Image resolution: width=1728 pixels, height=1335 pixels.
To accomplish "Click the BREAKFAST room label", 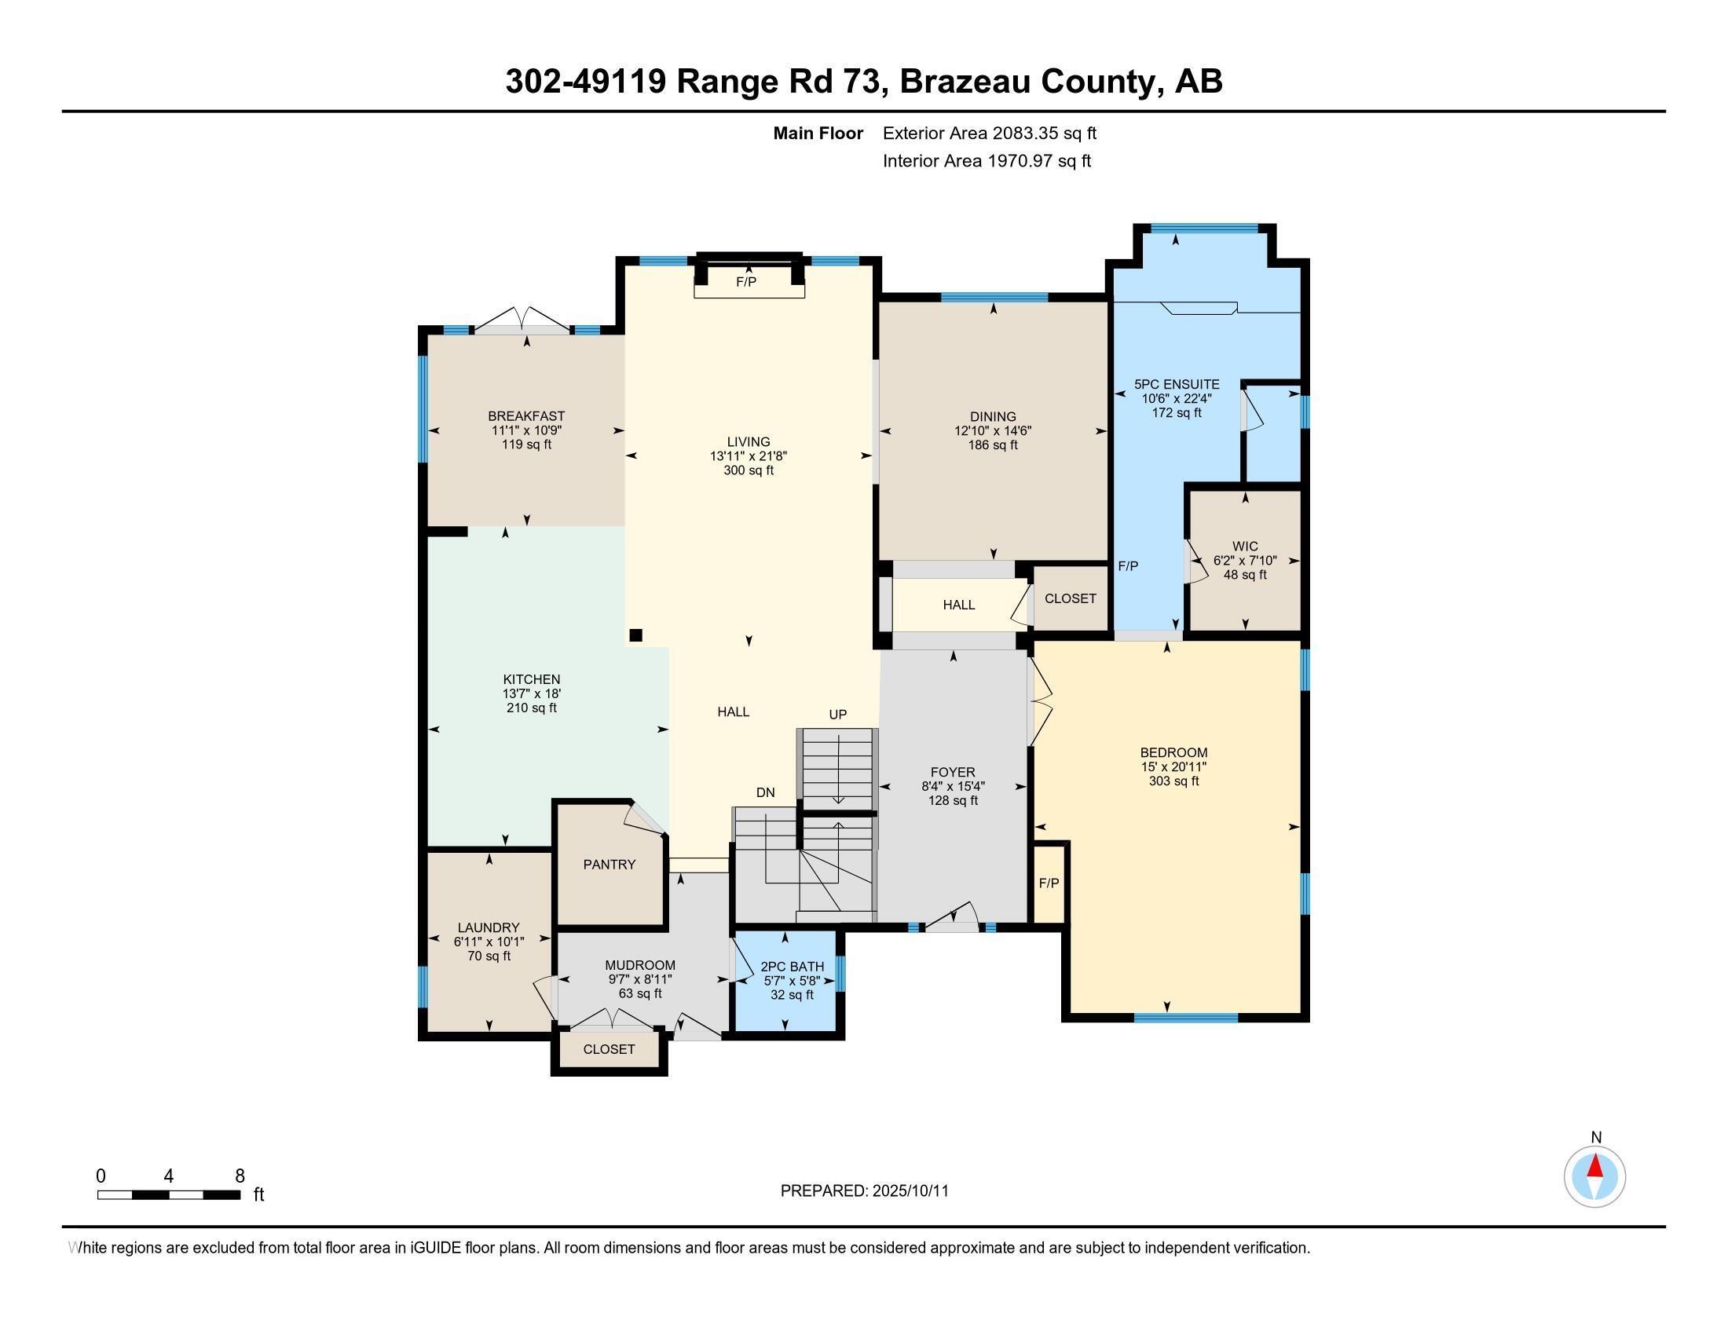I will click(526, 416).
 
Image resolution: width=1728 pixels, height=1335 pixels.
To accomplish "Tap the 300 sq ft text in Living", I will click(749, 470).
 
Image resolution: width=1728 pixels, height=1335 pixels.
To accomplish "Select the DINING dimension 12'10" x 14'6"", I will click(993, 431).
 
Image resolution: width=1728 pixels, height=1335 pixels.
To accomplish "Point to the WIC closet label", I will click(1245, 547).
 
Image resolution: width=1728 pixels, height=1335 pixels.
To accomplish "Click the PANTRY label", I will click(610, 865).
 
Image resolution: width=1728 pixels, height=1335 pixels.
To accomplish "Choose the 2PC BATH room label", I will click(792, 967).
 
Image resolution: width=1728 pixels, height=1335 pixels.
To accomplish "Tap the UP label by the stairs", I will click(838, 714).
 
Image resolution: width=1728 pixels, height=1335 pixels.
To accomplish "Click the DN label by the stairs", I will click(765, 792).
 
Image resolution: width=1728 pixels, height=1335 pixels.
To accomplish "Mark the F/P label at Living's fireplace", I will click(746, 282).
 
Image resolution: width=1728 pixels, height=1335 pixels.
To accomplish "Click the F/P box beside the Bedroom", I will click(1049, 883).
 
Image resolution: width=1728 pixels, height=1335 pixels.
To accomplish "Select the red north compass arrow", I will click(1595, 1166).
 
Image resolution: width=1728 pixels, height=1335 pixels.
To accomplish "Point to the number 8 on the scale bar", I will click(240, 1176).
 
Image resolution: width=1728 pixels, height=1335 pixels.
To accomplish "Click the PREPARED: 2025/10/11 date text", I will click(864, 1191).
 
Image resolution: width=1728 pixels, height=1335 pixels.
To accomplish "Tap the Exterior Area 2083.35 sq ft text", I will click(989, 133).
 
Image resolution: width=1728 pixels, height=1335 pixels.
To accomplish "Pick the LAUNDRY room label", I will click(489, 927).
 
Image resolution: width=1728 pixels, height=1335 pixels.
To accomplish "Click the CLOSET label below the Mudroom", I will click(610, 1049).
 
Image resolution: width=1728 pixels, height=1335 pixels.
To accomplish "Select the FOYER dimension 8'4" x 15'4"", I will click(953, 786).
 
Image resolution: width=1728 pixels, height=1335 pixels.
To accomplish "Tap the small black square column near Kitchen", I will click(635, 635).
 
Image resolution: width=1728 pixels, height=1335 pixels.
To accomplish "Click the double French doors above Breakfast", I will click(522, 320).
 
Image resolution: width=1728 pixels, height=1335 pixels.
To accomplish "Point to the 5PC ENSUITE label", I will click(1177, 384).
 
